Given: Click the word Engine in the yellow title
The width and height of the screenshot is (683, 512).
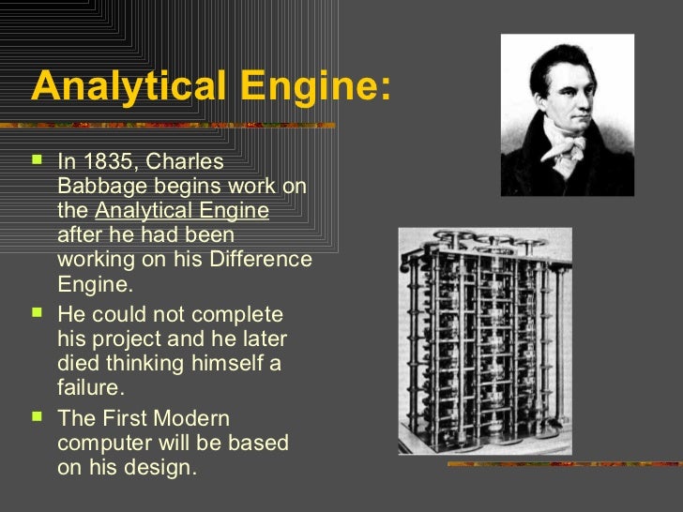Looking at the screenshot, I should coord(308,87).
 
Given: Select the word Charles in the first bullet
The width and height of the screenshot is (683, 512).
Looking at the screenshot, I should coord(191,161).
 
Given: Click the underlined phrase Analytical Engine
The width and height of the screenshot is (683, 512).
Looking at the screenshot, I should coord(182,211).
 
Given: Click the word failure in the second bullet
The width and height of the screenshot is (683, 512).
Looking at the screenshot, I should coord(90,387).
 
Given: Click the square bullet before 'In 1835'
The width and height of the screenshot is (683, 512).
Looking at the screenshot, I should coord(38,160).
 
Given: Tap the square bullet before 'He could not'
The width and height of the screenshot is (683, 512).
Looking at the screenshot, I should coord(38,312).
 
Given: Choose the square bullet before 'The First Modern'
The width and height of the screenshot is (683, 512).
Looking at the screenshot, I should coord(38,417).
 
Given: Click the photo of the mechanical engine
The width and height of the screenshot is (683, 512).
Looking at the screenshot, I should coord(484,341).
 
